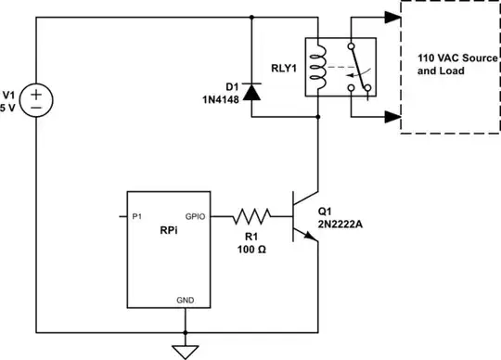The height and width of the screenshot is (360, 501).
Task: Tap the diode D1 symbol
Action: click(252, 92)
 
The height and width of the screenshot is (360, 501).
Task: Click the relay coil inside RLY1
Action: click(318, 67)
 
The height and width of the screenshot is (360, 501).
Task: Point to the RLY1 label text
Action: click(284, 67)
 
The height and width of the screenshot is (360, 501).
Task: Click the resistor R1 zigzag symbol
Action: click(252, 217)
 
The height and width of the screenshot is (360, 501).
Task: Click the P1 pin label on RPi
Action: click(136, 215)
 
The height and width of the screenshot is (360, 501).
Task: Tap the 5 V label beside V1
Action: click(9, 104)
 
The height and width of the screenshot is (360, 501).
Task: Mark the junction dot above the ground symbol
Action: click(186, 331)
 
